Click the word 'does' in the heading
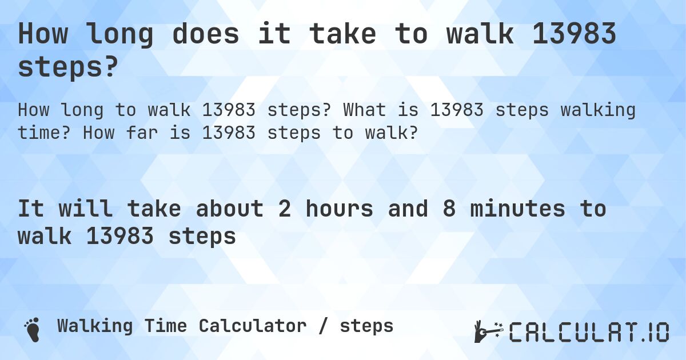205,34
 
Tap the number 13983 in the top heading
574,34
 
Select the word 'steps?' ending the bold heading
69,67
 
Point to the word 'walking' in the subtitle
598,109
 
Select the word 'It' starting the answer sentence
31,209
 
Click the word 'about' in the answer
230,209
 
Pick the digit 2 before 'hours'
284,209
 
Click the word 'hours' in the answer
339,209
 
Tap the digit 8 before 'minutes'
449,209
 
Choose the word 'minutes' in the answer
517,209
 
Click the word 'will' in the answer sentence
85,209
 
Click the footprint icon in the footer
31,329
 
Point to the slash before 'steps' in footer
323,326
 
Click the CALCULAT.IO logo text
589,332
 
